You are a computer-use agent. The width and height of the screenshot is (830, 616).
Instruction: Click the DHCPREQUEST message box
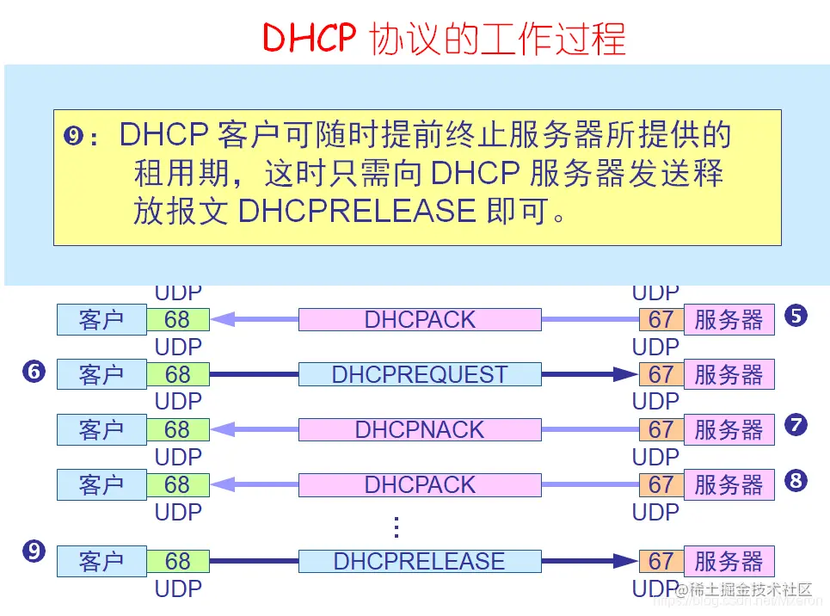(x=420, y=374)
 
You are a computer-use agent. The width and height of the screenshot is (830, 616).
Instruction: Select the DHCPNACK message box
(x=420, y=429)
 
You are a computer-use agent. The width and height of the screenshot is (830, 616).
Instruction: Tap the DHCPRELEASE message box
(x=420, y=562)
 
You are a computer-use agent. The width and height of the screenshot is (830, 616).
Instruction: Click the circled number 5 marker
(x=796, y=316)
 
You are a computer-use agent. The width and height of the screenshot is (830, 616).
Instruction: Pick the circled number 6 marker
(x=34, y=372)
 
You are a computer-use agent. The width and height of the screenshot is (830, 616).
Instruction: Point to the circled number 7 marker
(x=796, y=424)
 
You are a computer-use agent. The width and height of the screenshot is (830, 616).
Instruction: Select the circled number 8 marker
(x=796, y=480)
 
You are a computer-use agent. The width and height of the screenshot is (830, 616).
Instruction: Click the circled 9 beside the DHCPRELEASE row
(x=34, y=551)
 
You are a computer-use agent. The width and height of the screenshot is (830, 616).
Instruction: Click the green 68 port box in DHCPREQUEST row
(x=177, y=374)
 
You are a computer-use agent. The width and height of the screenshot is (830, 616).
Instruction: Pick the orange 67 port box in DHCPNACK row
(x=661, y=429)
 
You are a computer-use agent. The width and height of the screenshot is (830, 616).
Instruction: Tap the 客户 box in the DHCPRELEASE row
(x=101, y=562)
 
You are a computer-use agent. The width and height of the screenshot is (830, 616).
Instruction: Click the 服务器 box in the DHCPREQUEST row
(x=729, y=374)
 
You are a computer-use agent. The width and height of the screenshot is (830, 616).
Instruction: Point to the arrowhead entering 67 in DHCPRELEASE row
(x=627, y=562)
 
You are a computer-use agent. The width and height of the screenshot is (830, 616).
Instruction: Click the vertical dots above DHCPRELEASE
(x=397, y=526)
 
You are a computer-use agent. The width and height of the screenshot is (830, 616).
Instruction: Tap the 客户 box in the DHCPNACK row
(x=101, y=429)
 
